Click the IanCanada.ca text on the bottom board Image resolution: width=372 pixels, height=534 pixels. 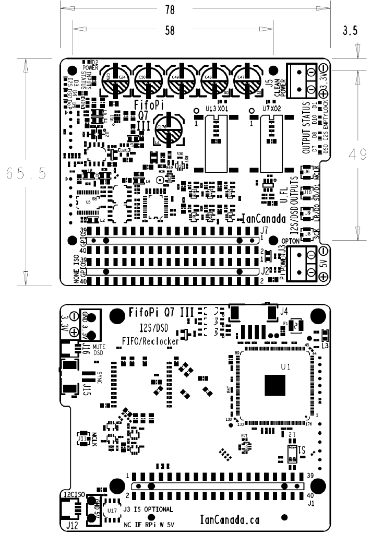click(x=230, y=519)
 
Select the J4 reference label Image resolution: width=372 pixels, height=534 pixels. click(x=284, y=312)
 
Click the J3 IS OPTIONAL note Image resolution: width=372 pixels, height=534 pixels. click(x=148, y=509)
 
